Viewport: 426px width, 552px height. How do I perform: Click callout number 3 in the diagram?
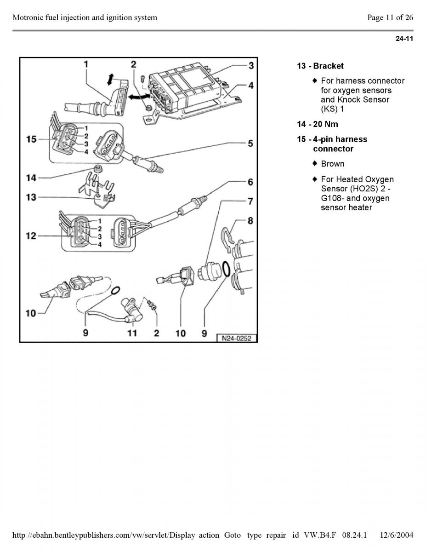click(x=251, y=65)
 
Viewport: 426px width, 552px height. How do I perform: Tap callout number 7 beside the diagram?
click(x=250, y=201)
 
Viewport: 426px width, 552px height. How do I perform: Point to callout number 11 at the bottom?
click(x=132, y=333)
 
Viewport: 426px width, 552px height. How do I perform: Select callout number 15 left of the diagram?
click(x=31, y=138)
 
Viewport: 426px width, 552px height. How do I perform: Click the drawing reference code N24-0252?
click(x=237, y=338)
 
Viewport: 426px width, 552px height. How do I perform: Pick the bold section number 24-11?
click(x=404, y=39)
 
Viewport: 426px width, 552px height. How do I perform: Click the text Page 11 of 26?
click(x=390, y=18)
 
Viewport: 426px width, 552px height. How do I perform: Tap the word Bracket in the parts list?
click(x=328, y=66)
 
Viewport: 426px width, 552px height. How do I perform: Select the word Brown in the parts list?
click(x=333, y=164)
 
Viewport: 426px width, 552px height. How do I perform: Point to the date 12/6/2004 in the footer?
click(x=397, y=535)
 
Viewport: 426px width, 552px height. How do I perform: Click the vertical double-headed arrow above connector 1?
click(x=110, y=79)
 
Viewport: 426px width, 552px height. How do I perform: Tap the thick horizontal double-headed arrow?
click(x=139, y=97)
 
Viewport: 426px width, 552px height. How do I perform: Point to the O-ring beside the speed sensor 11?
click(x=116, y=290)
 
